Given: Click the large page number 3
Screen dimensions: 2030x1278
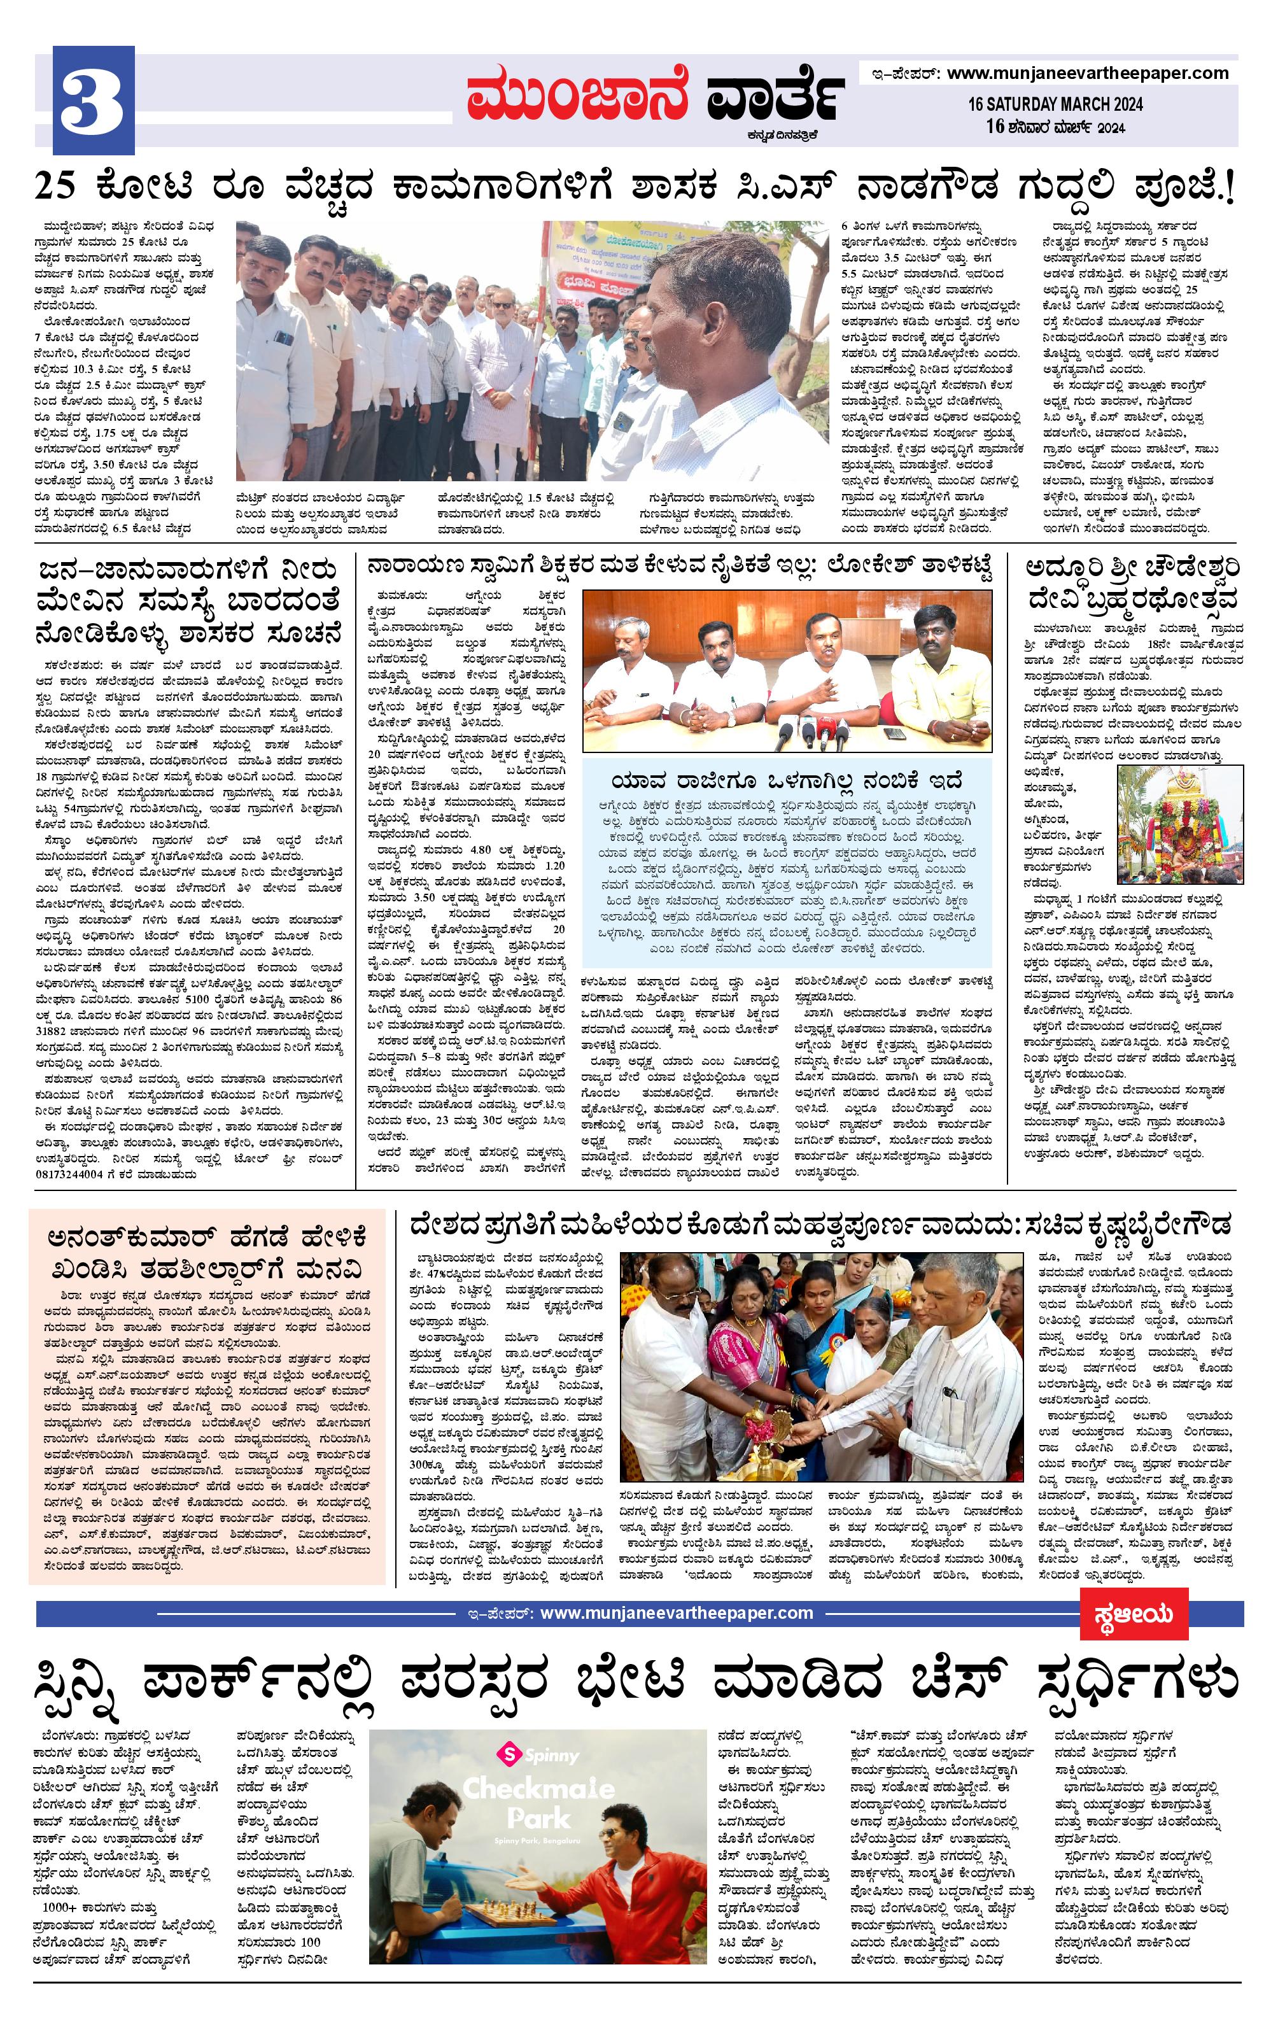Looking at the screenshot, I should (x=93, y=101).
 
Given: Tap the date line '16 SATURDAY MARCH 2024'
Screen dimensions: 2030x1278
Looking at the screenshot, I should (x=1055, y=104).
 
